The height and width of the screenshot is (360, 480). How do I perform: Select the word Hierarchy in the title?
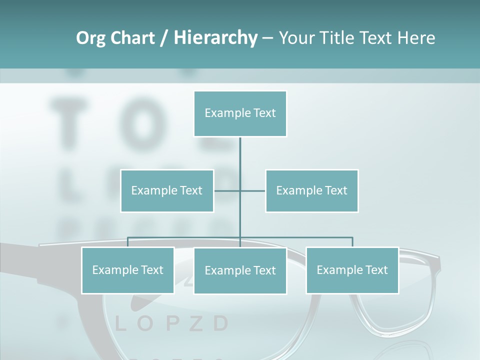point(215,38)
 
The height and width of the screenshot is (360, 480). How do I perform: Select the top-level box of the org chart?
point(240,113)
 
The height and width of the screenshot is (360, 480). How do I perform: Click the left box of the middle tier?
point(167,190)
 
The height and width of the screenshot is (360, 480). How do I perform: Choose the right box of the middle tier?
point(311,190)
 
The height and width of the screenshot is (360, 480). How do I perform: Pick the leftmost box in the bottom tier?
point(127,270)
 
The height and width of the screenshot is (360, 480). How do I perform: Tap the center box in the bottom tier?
point(240,271)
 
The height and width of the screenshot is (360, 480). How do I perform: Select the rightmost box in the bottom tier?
point(352,270)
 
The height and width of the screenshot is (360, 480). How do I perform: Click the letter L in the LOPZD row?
point(120,324)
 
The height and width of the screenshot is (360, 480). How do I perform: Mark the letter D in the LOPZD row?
point(220,324)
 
